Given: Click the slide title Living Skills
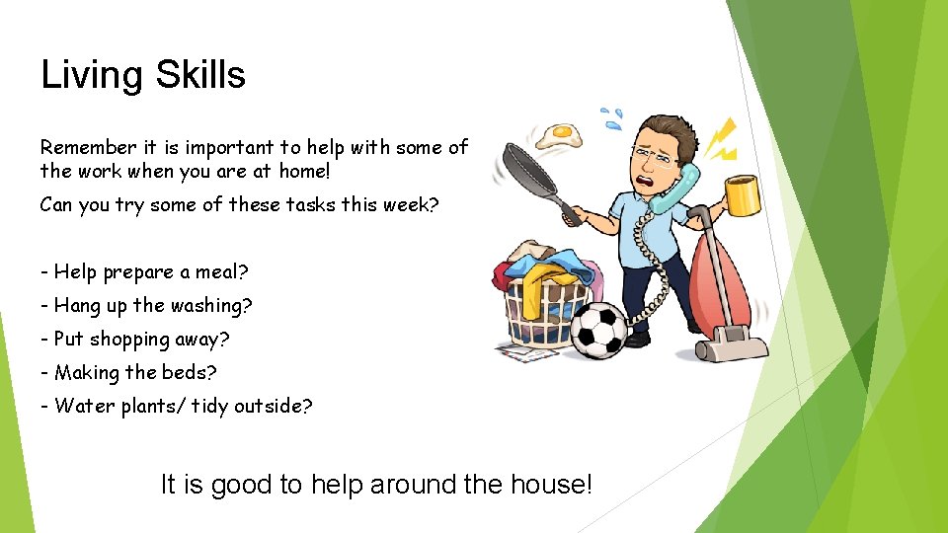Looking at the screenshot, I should pyautogui.click(x=143, y=75).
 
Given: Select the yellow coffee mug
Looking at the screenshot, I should pyautogui.click(x=743, y=194).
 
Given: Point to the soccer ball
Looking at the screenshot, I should pyautogui.click(x=599, y=329).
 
